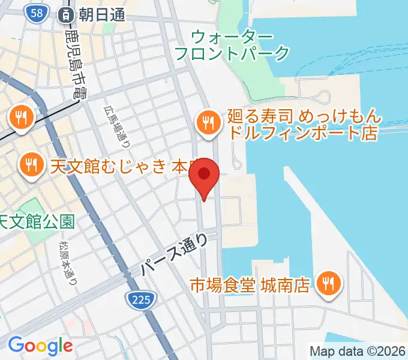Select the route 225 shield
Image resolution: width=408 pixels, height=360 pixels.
(x=142, y=298)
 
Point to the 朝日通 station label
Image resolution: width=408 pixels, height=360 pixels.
(x=101, y=14)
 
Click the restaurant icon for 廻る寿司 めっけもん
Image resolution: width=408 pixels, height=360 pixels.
(x=208, y=124)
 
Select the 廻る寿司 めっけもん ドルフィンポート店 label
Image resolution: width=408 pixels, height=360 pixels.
(x=302, y=124)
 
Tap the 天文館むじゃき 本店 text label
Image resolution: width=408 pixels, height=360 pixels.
(x=124, y=166)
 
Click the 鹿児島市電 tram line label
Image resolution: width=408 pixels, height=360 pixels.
(x=77, y=66)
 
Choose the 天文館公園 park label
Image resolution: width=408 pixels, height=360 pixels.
(x=37, y=222)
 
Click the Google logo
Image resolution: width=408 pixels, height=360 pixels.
(x=40, y=346)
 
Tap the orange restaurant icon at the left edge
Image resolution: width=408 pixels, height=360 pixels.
(x=22, y=118)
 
